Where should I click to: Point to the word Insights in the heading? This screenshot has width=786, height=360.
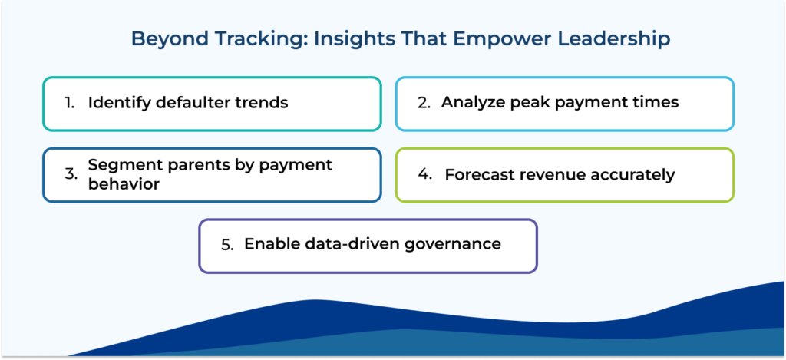(x=332, y=39)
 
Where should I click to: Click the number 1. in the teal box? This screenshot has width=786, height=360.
(x=70, y=103)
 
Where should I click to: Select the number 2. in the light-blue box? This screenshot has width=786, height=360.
(x=423, y=103)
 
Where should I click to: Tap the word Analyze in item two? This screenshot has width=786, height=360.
(x=471, y=102)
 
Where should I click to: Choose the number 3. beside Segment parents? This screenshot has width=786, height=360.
(x=70, y=174)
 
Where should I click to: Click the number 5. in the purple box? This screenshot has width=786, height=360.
(x=226, y=246)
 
